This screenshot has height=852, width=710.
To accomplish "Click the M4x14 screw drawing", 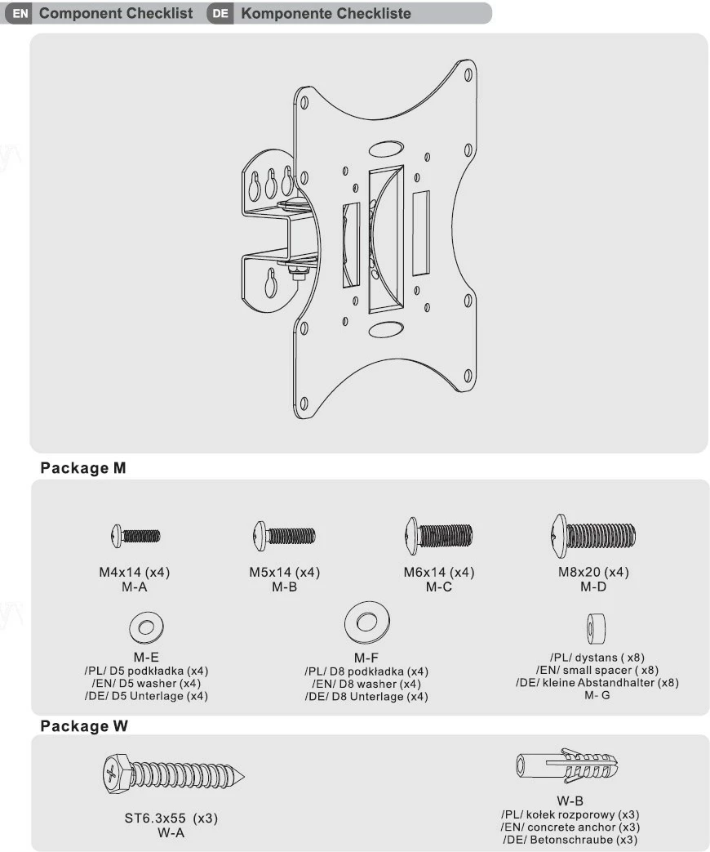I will click(x=135, y=536).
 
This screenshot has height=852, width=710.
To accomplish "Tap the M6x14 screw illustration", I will click(x=438, y=536).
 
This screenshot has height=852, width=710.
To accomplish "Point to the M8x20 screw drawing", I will click(x=593, y=536).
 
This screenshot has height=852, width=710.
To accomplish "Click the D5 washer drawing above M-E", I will click(x=145, y=628).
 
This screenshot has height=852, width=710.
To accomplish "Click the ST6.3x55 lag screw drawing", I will click(x=175, y=773).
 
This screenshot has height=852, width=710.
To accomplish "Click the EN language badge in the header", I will click(x=21, y=14).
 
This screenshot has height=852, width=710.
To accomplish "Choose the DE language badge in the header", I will click(x=220, y=14).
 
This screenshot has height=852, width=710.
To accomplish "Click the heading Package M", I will click(x=83, y=469).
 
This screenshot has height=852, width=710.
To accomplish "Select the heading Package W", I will click(x=84, y=726).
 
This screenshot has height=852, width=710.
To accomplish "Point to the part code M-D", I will click(x=593, y=587).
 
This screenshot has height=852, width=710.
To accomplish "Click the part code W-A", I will click(x=171, y=832).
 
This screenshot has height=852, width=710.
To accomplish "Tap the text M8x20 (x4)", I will click(x=593, y=573).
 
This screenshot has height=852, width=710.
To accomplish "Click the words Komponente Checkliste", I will click(x=326, y=14).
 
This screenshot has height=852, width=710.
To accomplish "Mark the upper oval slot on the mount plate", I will click(x=385, y=149).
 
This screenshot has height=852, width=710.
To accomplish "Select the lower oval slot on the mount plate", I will click(x=385, y=329).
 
